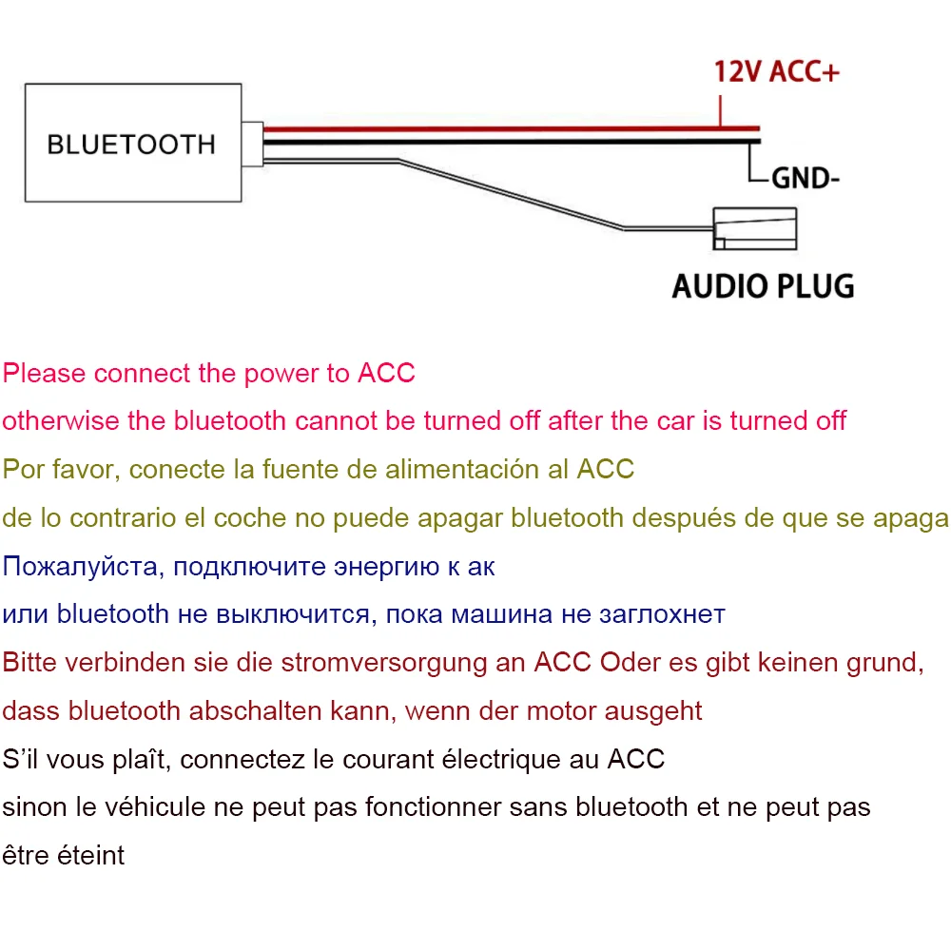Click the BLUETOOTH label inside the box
click(131, 145)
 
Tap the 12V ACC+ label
click(777, 72)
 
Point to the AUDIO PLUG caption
click(763, 285)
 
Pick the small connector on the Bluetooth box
click(252, 146)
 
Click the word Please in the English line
click(44, 373)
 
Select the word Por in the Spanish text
click(21, 469)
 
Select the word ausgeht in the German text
click(654, 710)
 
